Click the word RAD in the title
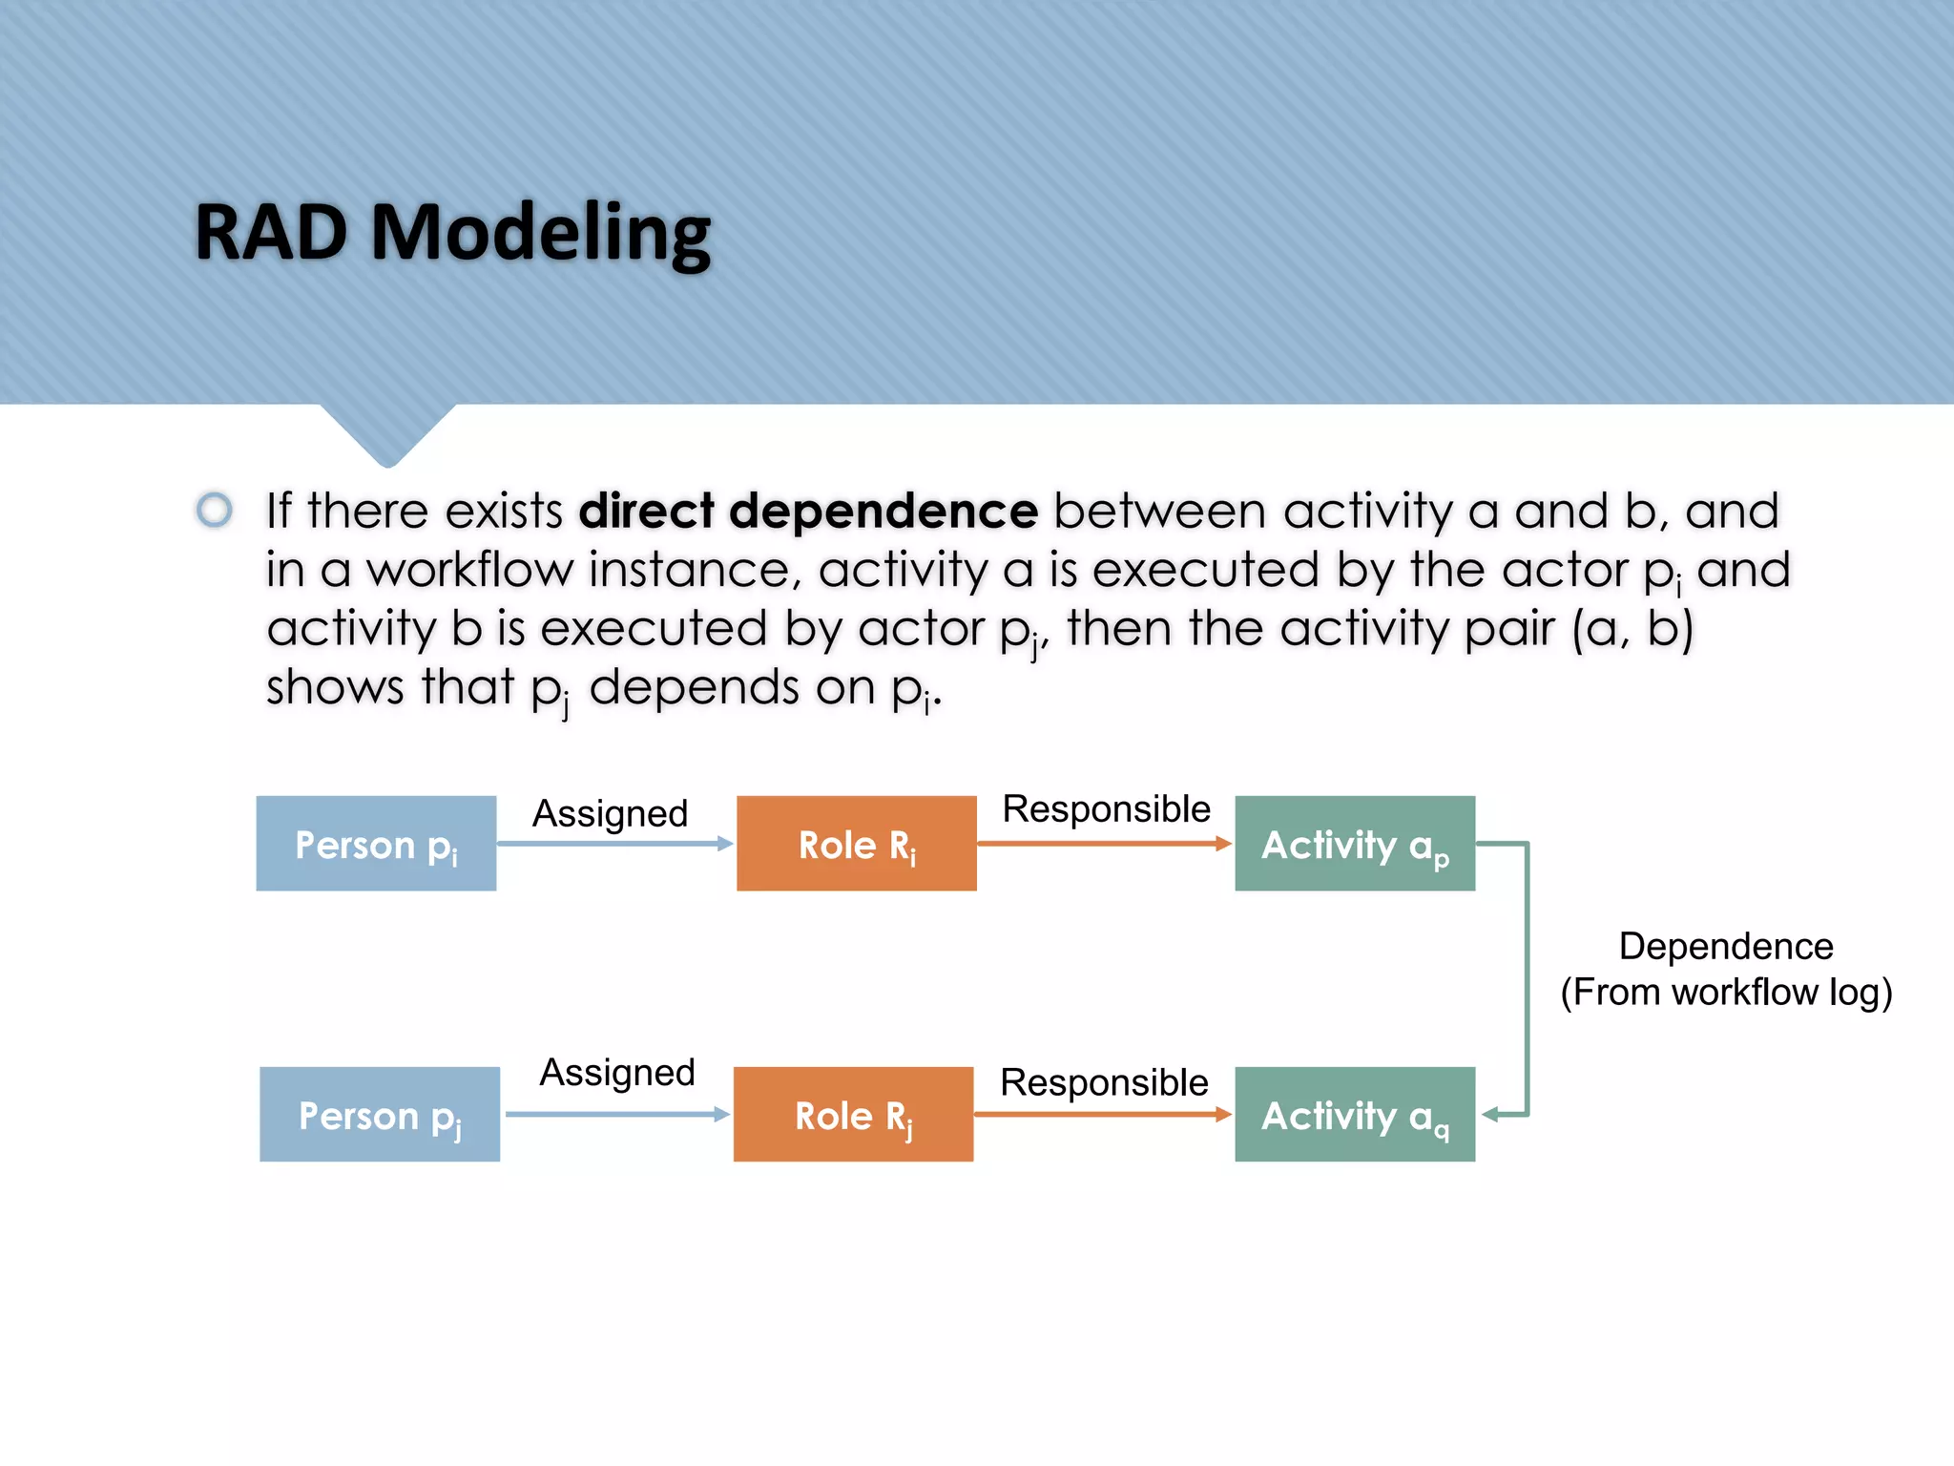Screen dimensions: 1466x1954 click(271, 232)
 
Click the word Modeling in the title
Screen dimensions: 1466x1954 click(540, 234)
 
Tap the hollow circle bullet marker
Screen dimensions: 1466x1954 click(215, 509)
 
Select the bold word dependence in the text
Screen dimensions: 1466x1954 click(883, 511)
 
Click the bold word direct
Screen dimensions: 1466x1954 click(647, 511)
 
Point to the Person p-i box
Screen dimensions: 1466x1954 click(376, 844)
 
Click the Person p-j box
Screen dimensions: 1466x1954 click(380, 1115)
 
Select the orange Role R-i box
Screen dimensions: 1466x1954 click(856, 844)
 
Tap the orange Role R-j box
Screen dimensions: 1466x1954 click(853, 1115)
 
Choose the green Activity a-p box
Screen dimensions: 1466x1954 click(1355, 844)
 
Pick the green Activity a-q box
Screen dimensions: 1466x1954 click(1355, 1115)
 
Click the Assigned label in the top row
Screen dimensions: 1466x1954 click(610, 814)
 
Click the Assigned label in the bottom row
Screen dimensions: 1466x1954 click(617, 1073)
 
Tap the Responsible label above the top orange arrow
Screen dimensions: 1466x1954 click(1106, 809)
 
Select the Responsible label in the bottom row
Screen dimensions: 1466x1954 click(1104, 1083)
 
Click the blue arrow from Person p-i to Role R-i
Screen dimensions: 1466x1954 click(614, 844)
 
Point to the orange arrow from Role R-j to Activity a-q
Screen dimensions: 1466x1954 click(1102, 1115)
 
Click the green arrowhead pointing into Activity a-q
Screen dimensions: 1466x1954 click(1490, 1115)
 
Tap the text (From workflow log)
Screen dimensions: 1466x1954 click(1726, 993)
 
